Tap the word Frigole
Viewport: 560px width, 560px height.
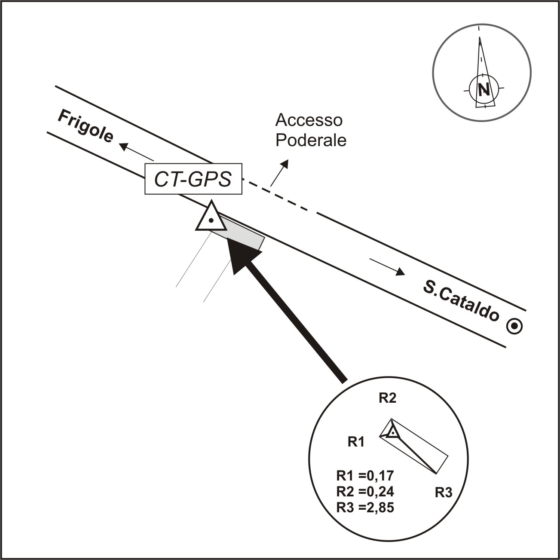point(86,126)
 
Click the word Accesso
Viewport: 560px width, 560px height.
point(309,120)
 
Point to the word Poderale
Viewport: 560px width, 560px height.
point(311,141)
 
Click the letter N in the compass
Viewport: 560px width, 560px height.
point(484,89)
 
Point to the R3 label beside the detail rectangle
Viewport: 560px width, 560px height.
point(444,493)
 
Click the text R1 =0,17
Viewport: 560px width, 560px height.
point(365,476)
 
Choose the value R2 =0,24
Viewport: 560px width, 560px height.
point(365,491)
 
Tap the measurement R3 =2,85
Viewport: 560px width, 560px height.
point(365,508)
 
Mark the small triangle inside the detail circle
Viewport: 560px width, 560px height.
point(392,432)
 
